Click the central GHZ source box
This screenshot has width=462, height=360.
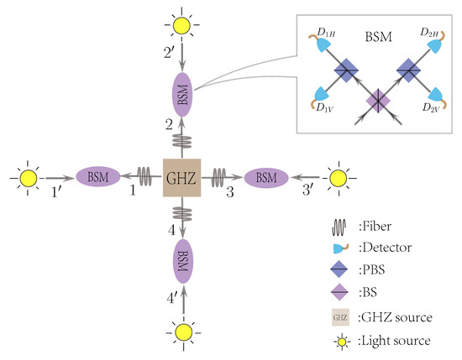[181, 177]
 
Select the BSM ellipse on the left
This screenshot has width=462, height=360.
[100, 177]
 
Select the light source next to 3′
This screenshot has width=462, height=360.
[338, 177]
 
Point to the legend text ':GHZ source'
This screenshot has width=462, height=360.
[387, 318]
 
